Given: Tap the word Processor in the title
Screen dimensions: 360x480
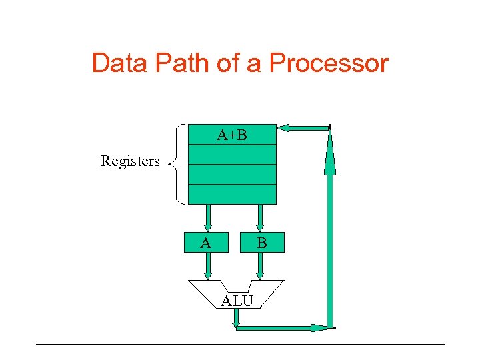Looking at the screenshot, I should coord(329,63).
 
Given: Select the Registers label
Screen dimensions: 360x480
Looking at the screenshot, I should coord(130,161).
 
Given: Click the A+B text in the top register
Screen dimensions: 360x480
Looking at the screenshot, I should coord(232,135).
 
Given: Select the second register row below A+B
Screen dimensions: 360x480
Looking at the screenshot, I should coord(232,154).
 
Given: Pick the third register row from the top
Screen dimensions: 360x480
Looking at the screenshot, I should coord(232,174).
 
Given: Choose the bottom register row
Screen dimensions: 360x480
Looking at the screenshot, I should coord(232,194).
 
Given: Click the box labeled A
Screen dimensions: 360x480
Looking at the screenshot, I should coord(207,243).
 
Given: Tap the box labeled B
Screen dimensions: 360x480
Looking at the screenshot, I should coord(261,243).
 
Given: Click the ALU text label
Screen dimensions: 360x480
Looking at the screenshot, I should coord(237,301).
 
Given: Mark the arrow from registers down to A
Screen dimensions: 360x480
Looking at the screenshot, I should coord(208,217).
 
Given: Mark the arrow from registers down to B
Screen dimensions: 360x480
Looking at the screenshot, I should coord(260,217).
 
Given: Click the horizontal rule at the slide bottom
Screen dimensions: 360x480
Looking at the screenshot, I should coord(240,344).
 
